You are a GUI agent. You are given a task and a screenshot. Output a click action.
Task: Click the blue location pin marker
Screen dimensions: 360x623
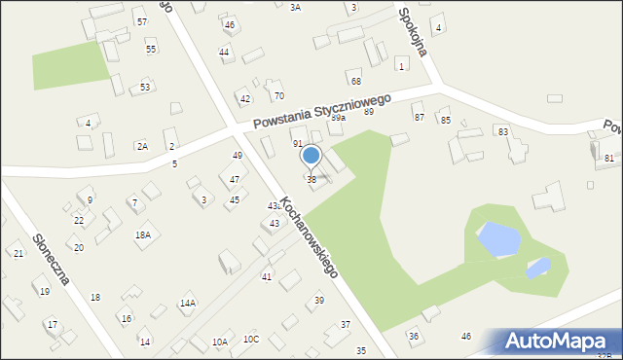click(311, 156)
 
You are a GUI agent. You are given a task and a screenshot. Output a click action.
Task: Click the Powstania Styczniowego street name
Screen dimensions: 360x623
click(321, 112)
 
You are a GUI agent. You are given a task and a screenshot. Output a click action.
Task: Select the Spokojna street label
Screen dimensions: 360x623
click(413, 31)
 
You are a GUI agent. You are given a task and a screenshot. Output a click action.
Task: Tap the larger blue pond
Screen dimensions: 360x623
click(495, 234)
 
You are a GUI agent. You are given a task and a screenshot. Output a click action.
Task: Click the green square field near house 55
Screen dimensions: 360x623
click(70, 64)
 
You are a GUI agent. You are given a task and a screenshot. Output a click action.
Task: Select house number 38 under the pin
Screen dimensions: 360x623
click(311, 179)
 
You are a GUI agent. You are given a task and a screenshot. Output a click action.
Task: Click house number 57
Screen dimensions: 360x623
click(141, 21)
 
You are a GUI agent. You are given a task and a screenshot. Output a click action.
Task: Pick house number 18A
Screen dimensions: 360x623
click(143, 234)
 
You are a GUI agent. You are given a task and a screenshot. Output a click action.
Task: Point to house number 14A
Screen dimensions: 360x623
click(187, 304)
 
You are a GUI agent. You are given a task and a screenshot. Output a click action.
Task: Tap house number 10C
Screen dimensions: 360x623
click(251, 339)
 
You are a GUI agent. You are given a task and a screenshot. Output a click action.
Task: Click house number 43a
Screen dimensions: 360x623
click(275, 206)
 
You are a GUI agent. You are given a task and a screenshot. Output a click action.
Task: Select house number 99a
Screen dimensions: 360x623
click(338, 117)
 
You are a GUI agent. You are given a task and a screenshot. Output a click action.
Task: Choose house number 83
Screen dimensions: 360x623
click(502, 131)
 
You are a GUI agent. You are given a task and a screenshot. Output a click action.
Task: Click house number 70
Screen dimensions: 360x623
click(278, 95)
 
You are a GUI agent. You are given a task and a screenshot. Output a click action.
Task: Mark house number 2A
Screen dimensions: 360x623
click(142, 146)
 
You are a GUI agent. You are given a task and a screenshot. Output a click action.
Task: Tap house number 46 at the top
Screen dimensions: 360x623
click(229, 24)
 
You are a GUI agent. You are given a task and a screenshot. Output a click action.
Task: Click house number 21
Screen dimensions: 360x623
click(18, 253)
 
